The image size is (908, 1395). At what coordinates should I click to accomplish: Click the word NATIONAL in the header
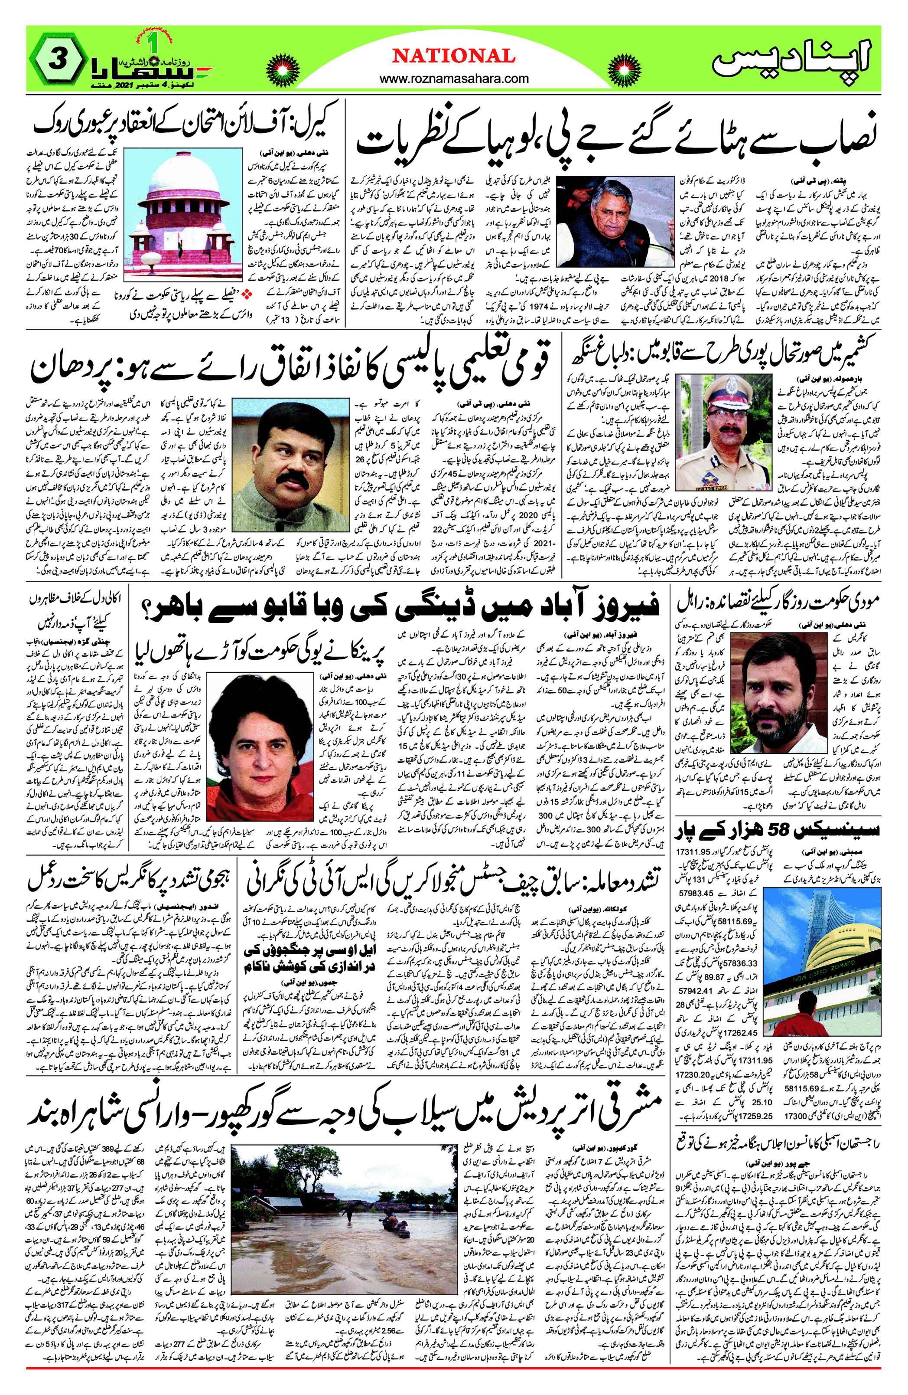[453, 56]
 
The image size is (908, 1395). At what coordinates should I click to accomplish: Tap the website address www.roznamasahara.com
[453, 79]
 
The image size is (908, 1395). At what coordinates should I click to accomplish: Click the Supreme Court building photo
[183, 215]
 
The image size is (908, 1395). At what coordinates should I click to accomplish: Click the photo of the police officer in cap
[723, 432]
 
